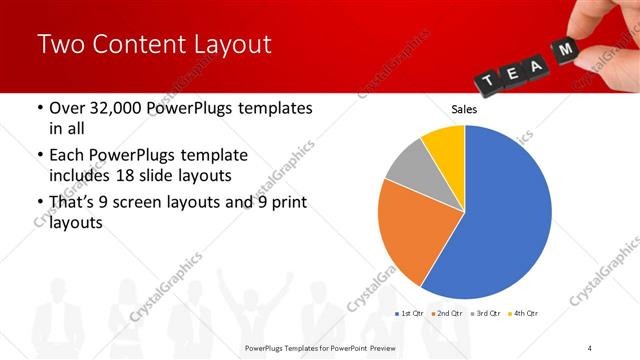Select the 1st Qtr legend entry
point(410,314)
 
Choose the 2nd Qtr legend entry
point(447,314)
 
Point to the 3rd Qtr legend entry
point(485,314)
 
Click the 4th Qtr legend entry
point(522,314)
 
